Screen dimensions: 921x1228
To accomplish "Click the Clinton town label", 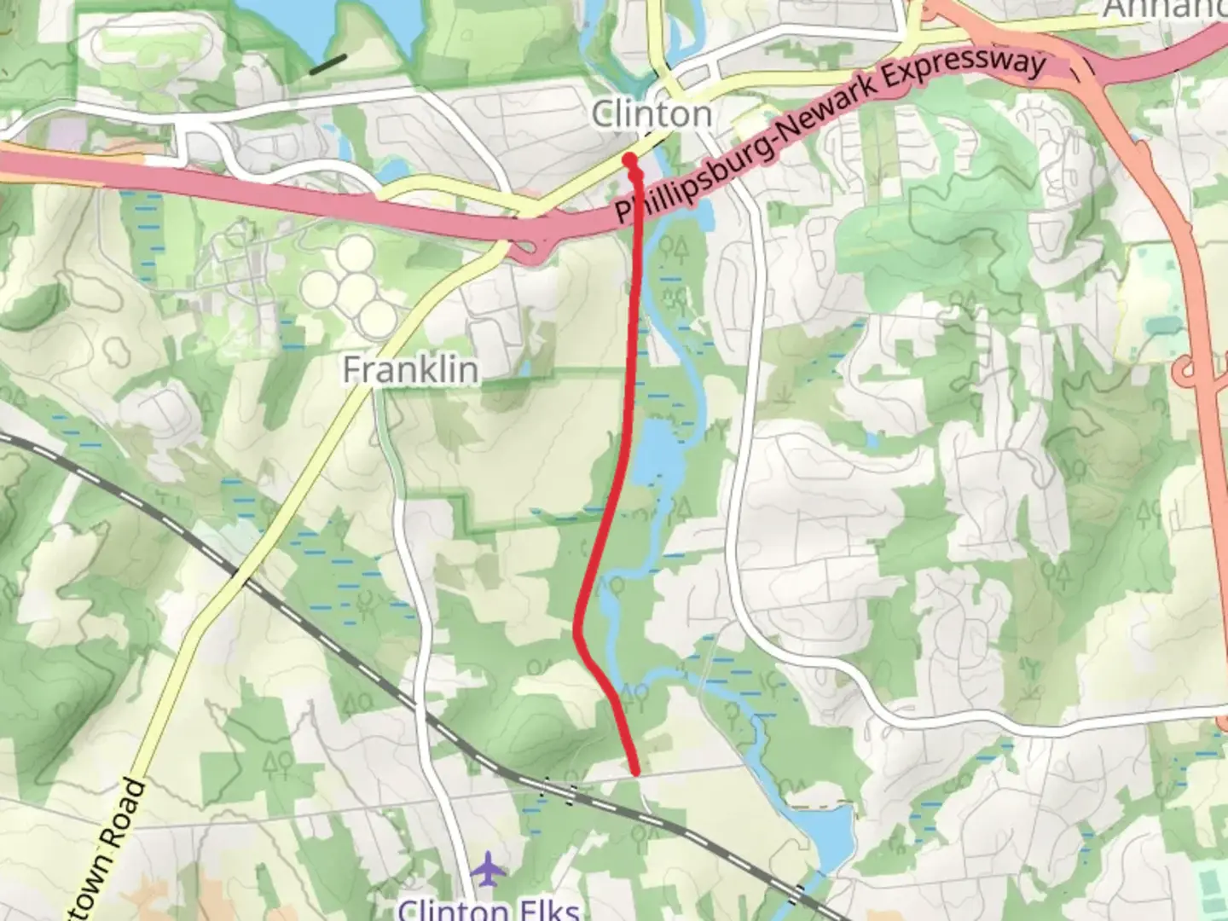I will click(x=652, y=114).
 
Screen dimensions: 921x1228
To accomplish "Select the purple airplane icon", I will click(x=487, y=870).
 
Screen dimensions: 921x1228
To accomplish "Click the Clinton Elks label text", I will click(x=489, y=909).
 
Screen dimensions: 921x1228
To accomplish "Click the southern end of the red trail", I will click(x=636, y=772).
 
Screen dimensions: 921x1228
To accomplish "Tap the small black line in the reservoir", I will click(x=327, y=64).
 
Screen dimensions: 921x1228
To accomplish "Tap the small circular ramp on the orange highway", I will click(x=1186, y=372).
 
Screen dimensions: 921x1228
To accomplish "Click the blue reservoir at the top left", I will click(x=341, y=21).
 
